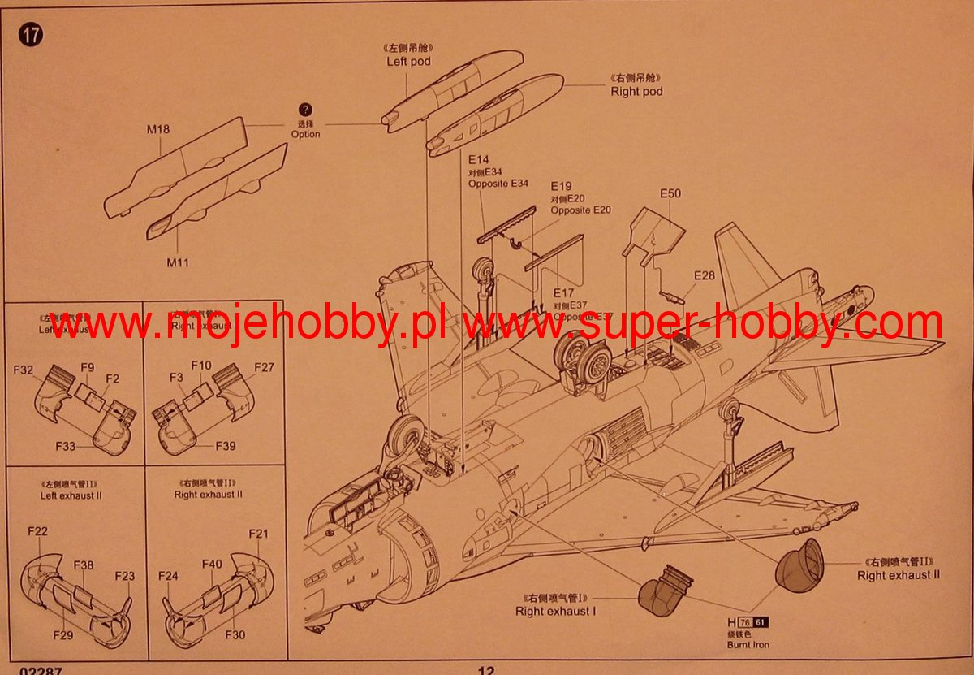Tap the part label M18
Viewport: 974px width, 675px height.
[x=158, y=128]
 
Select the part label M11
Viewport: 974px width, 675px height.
[x=178, y=262]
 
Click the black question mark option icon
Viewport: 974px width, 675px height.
[x=305, y=110]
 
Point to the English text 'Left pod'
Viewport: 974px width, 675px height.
[x=408, y=61]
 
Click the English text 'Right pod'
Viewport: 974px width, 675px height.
[x=636, y=92]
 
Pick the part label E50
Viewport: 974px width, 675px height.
[x=670, y=193]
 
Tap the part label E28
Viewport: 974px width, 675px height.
[x=705, y=276]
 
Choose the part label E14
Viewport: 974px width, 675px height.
[x=479, y=160]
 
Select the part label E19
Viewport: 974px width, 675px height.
[x=562, y=186]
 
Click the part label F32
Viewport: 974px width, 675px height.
[x=23, y=370]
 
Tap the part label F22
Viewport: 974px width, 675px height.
[x=37, y=531]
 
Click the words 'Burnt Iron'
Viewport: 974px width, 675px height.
[x=748, y=645]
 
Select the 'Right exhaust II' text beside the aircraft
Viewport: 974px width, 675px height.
[x=899, y=575]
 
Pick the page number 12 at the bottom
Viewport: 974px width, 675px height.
[x=485, y=670]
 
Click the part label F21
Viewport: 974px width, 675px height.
[x=258, y=534]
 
